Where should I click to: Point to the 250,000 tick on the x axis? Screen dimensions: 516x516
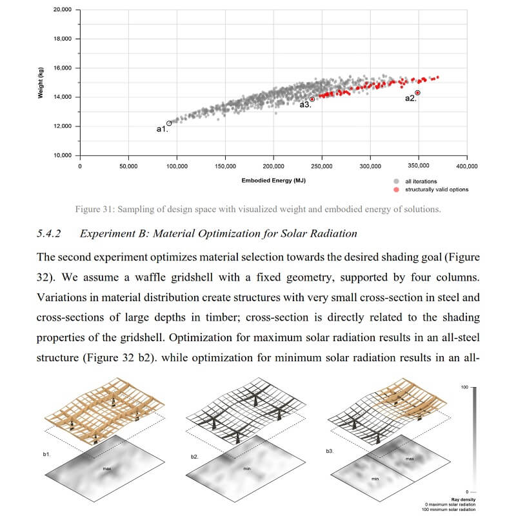coord(322,166)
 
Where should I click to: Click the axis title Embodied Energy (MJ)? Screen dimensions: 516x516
coord(273,181)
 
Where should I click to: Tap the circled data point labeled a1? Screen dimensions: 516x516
coord(169,123)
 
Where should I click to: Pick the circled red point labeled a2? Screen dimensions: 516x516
coord(418,93)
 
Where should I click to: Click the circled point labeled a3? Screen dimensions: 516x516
coord(312,99)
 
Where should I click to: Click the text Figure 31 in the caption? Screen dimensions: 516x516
coord(94,210)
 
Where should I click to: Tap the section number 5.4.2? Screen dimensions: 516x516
coord(51,233)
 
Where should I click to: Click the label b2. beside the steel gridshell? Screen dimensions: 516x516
coord(194,457)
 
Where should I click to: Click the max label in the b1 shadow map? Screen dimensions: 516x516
coord(107,469)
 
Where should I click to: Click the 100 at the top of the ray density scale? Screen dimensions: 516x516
coord(464,387)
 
